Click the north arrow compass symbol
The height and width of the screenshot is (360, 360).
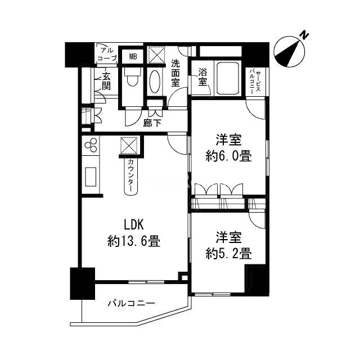(292, 50)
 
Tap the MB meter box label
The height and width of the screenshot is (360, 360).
(133, 56)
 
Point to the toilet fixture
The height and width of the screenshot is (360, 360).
(132, 79)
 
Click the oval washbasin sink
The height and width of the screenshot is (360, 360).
(155, 82)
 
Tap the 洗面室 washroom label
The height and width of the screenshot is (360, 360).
(175, 73)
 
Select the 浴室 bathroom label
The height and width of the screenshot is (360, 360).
(202, 76)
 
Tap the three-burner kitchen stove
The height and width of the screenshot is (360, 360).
(91, 148)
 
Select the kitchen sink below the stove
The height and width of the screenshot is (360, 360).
(90, 178)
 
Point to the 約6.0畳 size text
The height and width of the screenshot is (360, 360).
(228, 156)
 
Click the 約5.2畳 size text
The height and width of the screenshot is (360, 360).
(228, 253)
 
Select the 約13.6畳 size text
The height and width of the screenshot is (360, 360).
(134, 242)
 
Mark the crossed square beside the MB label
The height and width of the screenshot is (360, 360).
(155, 56)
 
